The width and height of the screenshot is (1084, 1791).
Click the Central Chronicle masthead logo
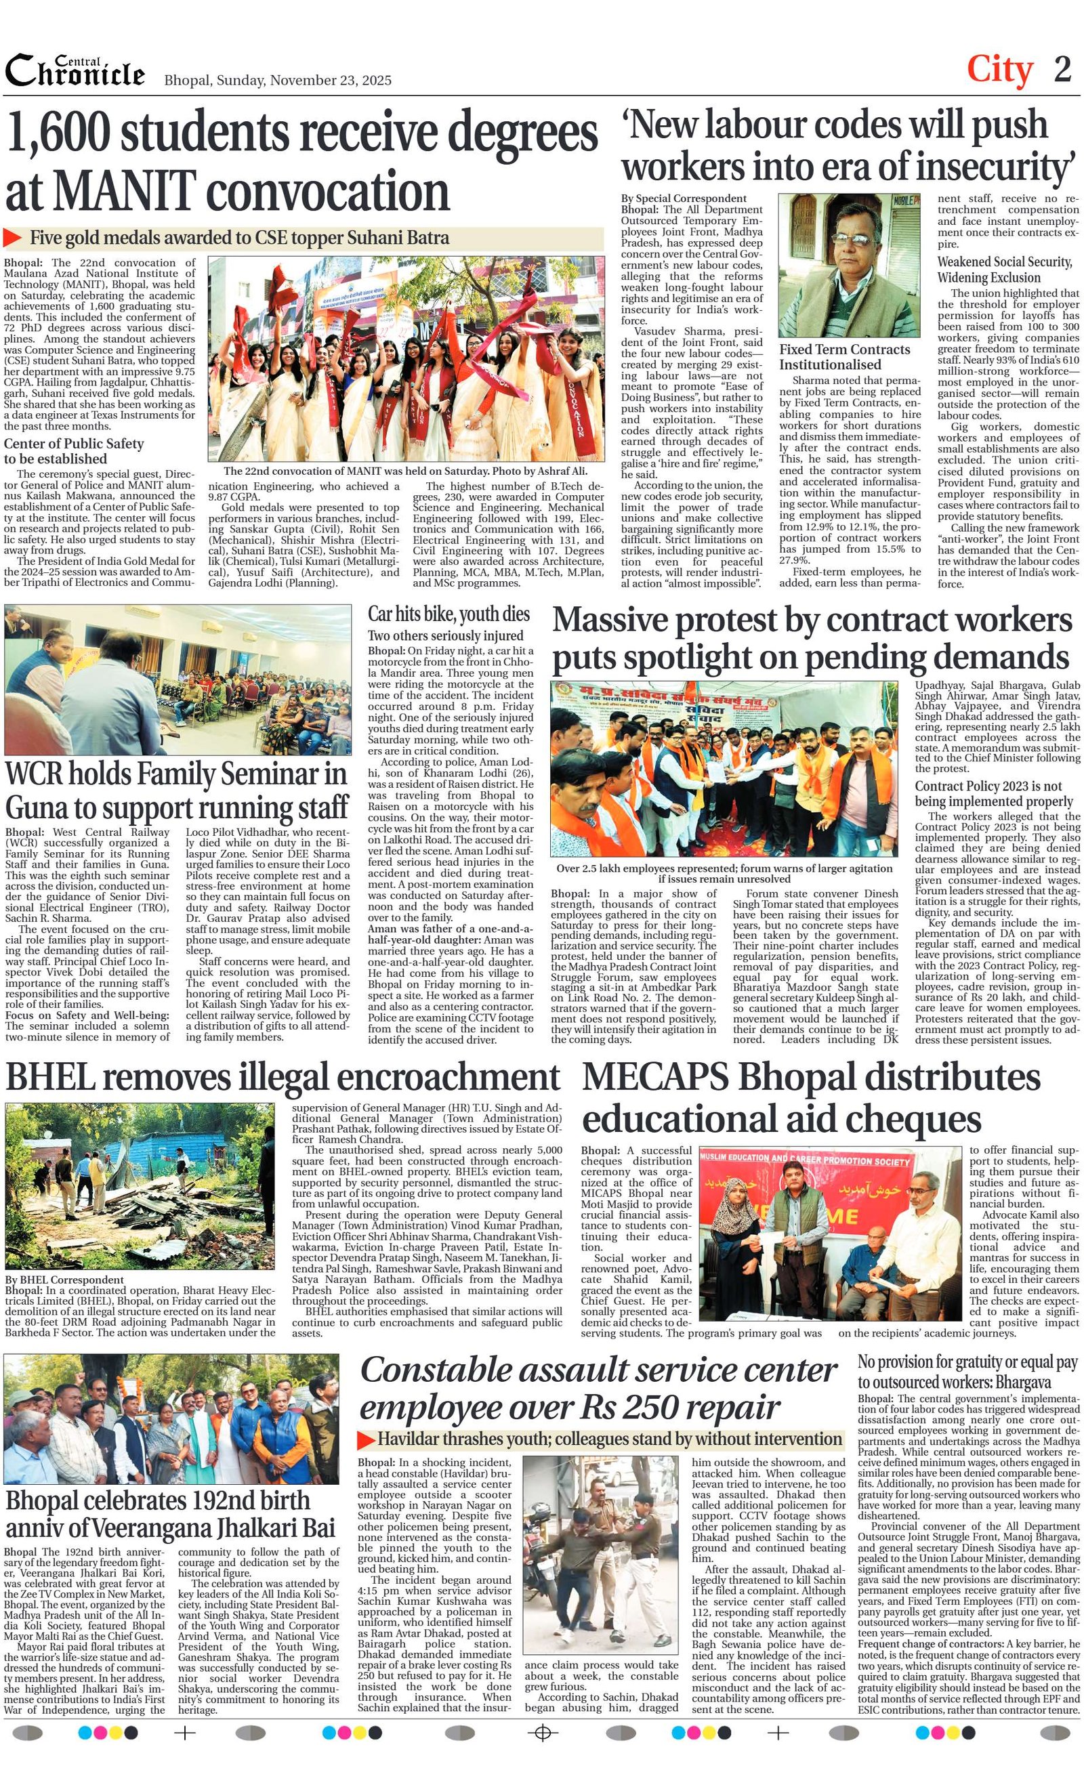pos(75,71)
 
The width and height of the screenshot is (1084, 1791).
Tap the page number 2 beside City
pos(1062,70)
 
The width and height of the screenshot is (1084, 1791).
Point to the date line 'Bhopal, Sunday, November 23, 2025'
pos(278,80)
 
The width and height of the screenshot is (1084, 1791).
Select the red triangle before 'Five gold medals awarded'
pos(12,238)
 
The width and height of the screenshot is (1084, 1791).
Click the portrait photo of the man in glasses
pos(848,265)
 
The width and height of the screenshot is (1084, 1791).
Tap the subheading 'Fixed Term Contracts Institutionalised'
pos(844,357)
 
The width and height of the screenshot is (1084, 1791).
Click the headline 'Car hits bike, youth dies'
pos(449,614)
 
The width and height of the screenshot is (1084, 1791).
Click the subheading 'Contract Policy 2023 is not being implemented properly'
pos(993,793)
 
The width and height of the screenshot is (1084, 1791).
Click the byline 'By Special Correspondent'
pos(684,198)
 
